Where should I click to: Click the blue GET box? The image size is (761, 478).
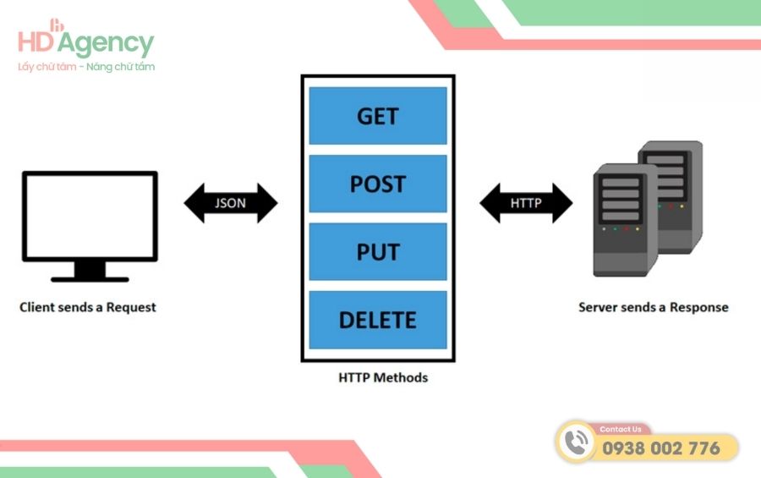[x=377, y=116]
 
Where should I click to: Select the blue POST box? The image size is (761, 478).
[x=377, y=184]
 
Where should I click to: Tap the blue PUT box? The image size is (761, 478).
[x=377, y=252]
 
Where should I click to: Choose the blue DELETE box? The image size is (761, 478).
[x=377, y=320]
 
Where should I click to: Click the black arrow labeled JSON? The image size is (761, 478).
[x=230, y=204]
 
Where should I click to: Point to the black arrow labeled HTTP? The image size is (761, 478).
[x=526, y=204]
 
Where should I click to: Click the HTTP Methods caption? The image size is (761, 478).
[x=377, y=377]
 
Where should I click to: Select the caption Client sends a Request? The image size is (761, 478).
[x=88, y=307]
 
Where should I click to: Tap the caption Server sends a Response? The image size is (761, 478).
[x=653, y=307]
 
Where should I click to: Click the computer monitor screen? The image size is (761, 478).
[x=90, y=215]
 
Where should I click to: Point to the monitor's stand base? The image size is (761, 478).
[x=90, y=277]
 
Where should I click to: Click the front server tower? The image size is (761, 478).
[x=624, y=220]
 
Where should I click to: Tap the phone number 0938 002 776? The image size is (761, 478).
[x=661, y=448]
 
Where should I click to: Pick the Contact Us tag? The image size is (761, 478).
[x=621, y=429]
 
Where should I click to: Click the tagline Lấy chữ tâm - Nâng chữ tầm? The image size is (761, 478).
[x=86, y=67]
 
